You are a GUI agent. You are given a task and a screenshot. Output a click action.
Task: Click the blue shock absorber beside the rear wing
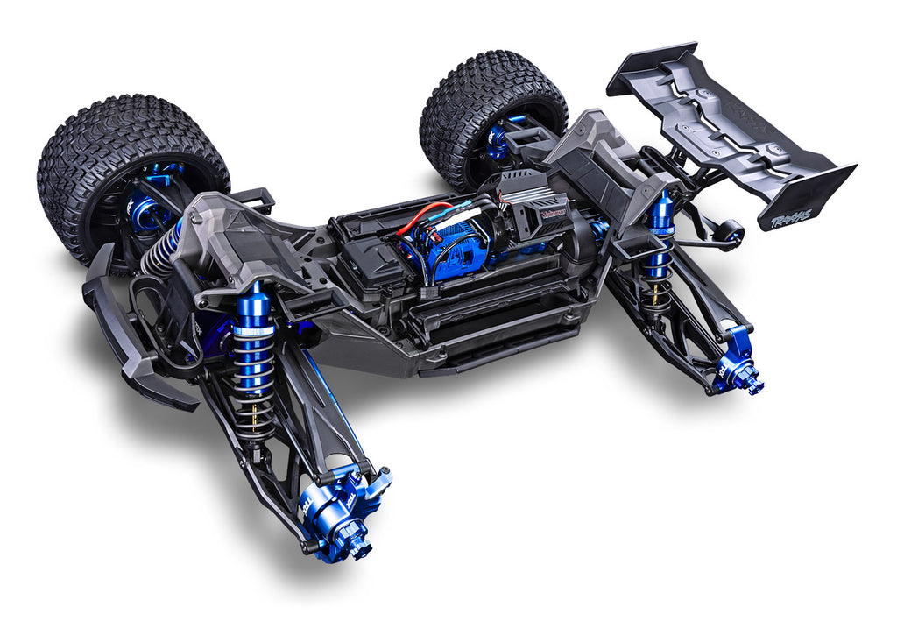(661, 228)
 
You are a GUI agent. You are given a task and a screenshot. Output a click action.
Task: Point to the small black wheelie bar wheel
(729, 234)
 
